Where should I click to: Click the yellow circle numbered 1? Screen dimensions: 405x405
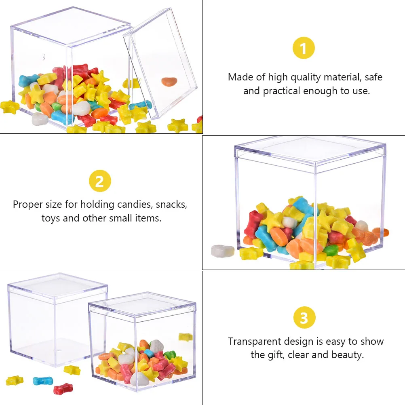click(304, 49)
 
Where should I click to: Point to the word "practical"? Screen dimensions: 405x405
click(281, 91)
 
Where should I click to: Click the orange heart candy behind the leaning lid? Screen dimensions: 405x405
click(169, 81)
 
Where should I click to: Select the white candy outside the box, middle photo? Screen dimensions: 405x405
click(223, 251)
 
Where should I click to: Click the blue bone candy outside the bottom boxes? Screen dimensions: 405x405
click(42, 381)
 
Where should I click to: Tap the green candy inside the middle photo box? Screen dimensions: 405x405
click(330, 250)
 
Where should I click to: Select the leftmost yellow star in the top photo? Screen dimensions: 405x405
click(9, 107)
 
